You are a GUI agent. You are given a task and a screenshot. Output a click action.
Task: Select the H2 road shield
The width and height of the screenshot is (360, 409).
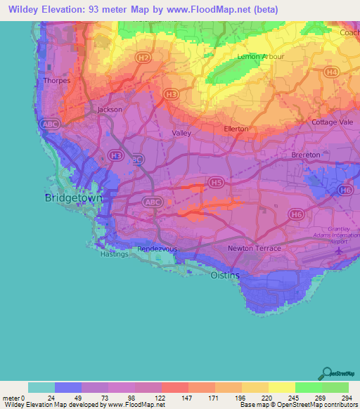pos(143,58)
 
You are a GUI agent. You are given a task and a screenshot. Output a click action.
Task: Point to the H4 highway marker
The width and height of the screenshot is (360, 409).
pos(331,72)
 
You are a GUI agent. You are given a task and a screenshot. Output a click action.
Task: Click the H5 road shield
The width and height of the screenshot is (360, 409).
pos(216,183)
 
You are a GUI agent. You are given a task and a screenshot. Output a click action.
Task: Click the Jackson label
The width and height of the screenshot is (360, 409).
pos(110,110)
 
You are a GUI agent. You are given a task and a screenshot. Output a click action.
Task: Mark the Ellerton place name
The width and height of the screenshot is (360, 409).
pos(236,129)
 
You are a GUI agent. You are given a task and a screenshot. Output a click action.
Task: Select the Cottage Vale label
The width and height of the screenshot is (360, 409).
pos(333,122)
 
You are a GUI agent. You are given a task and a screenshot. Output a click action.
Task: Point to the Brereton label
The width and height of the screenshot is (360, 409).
pos(305,155)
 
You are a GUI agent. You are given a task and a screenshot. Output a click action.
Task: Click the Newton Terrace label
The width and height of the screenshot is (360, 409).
pos(255,249)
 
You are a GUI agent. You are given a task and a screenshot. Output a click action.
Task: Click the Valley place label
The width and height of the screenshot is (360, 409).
pos(181,132)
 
